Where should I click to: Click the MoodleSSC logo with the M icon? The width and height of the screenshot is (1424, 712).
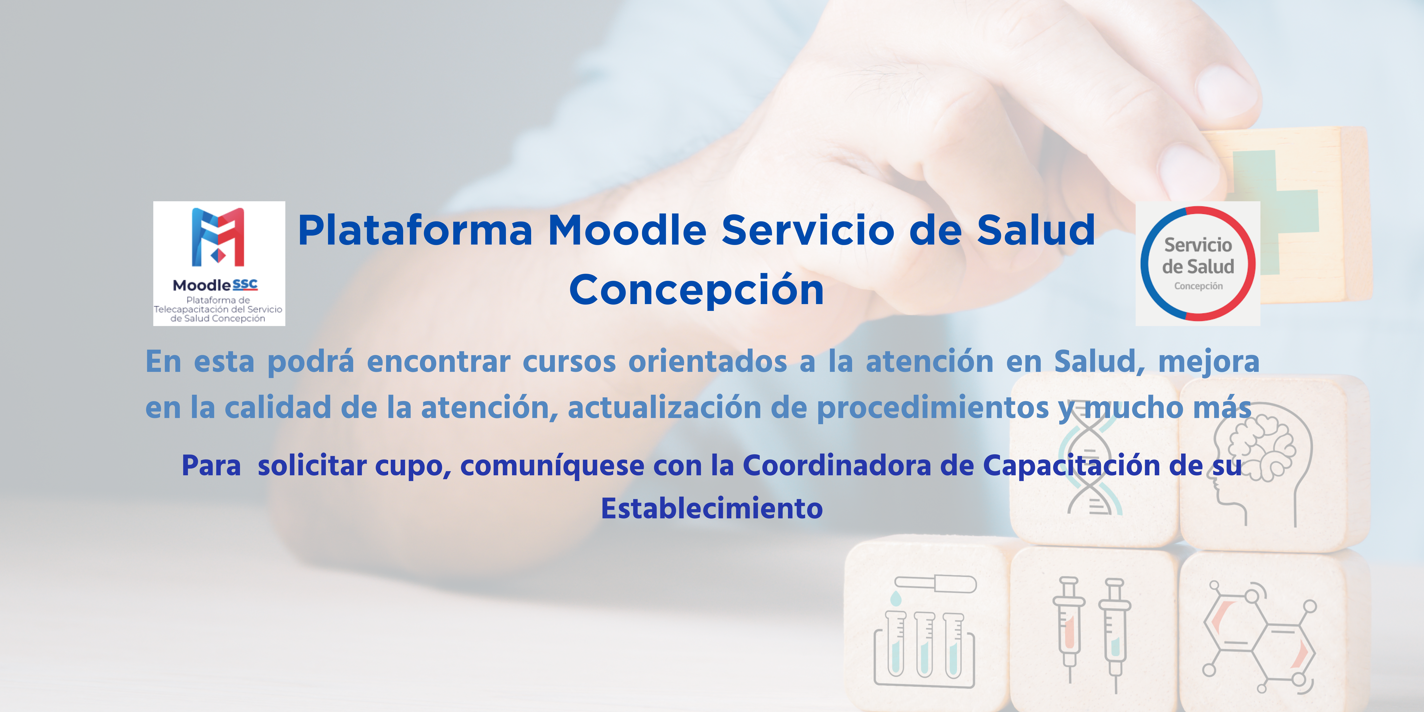pyautogui.click(x=219, y=263)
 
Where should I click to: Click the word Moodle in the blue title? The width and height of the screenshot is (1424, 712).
pyautogui.click(x=627, y=230)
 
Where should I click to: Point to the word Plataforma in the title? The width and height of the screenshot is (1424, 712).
pyautogui.click(x=415, y=230)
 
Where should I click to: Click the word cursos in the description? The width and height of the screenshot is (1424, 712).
pyautogui.click(x=569, y=362)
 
